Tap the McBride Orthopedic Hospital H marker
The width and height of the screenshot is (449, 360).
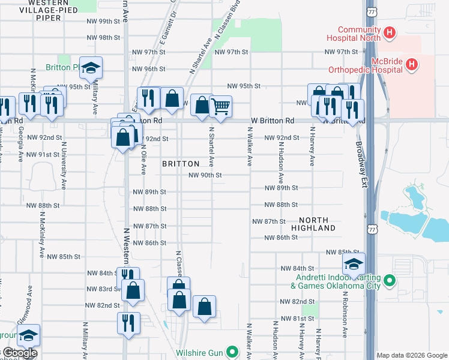point(412,64)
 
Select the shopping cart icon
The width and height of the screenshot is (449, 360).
point(221,107)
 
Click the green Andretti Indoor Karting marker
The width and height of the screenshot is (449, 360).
point(389,280)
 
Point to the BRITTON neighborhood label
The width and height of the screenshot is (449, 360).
point(181,164)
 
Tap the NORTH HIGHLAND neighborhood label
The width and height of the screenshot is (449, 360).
point(313,224)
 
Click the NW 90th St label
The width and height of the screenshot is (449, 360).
point(205,175)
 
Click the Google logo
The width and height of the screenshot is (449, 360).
point(19,353)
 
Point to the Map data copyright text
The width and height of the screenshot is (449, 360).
point(412,355)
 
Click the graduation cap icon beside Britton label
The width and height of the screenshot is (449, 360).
point(91,69)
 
